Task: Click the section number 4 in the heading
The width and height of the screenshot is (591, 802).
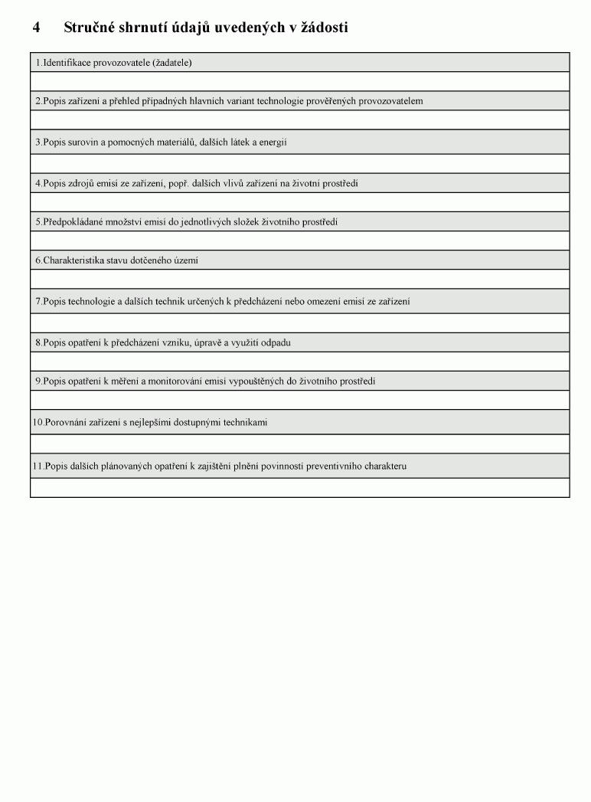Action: coord(36,28)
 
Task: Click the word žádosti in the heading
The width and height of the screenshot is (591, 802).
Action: coord(324,28)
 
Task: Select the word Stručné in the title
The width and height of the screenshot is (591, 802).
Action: coord(90,28)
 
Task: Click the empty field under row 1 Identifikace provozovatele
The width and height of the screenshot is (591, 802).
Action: coord(300,81)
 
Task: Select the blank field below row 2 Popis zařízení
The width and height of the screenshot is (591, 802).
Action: coord(300,119)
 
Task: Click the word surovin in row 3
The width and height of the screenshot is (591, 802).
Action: coord(83,142)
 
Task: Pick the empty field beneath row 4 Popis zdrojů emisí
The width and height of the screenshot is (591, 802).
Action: coord(300,201)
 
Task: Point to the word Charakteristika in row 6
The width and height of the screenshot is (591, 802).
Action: coord(74,260)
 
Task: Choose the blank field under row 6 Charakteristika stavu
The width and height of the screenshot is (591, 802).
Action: coord(300,279)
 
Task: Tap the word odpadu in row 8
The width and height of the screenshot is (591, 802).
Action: coord(276,343)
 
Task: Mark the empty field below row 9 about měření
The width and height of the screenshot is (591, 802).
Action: coord(300,400)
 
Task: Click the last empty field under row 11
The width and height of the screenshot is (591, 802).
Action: coord(300,487)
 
